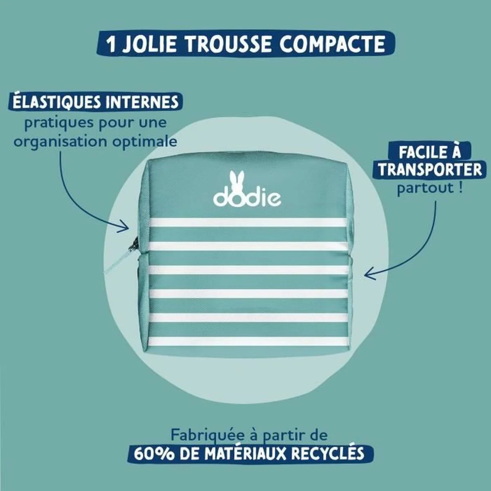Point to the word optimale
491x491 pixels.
pos(145,142)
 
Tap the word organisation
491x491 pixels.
pos(61,142)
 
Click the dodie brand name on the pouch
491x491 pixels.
pos(247,198)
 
